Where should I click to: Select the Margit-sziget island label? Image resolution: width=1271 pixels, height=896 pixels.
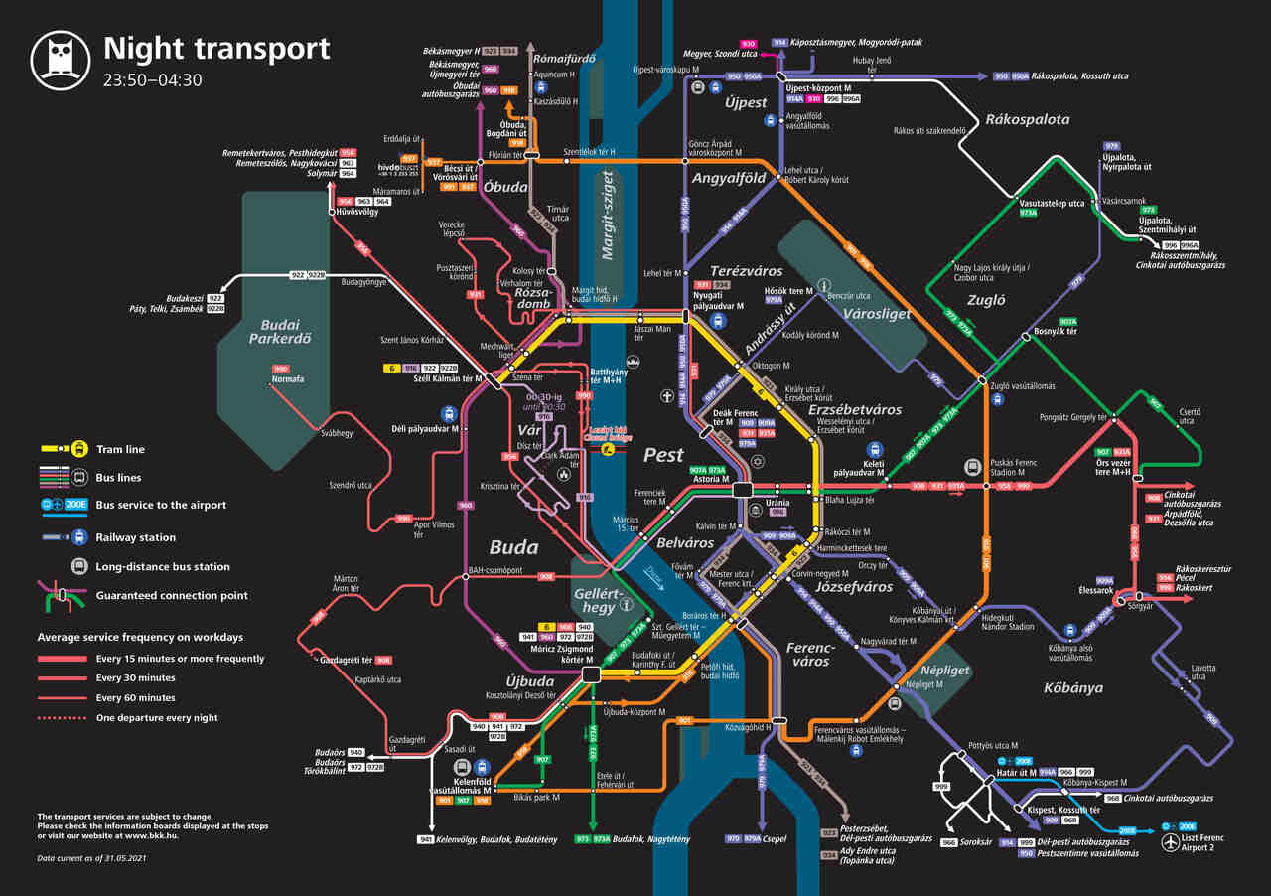[x=608, y=215]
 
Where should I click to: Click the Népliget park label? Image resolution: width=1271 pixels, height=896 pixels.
[x=945, y=671]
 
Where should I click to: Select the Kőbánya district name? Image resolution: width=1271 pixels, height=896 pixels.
[x=1072, y=687]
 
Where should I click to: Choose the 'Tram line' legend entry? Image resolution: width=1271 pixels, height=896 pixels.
[x=120, y=450]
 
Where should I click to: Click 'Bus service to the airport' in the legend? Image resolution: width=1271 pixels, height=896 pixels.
[x=161, y=505]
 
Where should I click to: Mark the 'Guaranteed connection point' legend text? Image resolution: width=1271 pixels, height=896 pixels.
[x=172, y=596]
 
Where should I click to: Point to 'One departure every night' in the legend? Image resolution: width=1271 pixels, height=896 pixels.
[x=157, y=718]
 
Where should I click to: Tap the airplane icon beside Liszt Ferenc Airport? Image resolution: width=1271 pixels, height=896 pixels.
[x=1174, y=843]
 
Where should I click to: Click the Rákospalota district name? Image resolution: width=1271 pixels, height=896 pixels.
[x=1028, y=119]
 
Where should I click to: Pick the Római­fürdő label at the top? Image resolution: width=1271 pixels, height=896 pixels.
[x=564, y=59]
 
